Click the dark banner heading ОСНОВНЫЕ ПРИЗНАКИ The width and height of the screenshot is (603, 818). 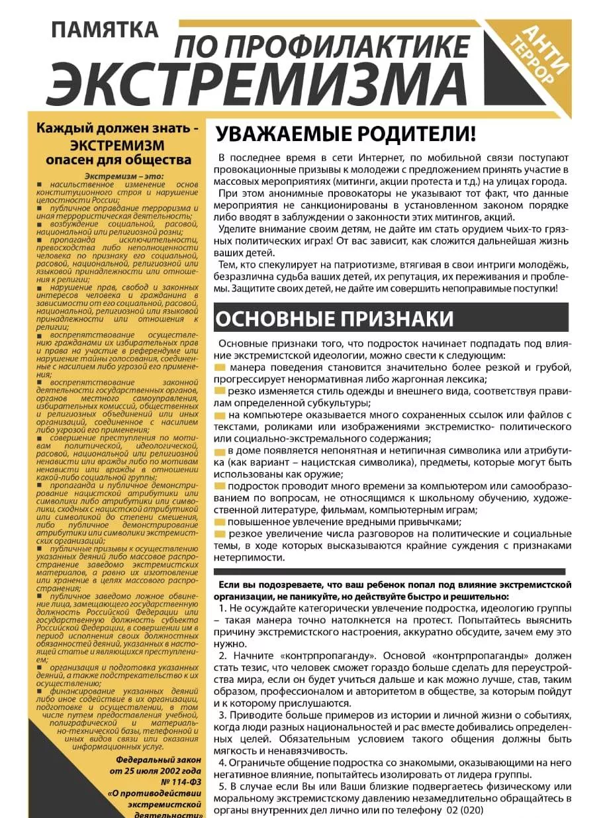[x=334, y=318]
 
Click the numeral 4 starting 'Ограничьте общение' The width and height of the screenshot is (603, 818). [x=222, y=762]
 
